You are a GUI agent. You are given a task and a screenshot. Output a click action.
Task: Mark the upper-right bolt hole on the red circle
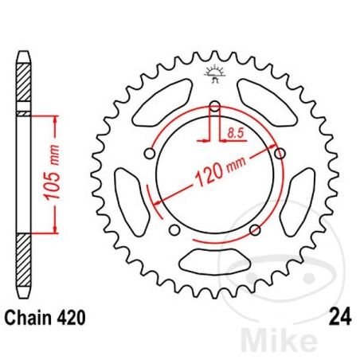[x=278, y=152]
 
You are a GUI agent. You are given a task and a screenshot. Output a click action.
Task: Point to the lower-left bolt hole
[x=174, y=230]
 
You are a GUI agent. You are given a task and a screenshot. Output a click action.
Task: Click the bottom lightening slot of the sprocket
[x=214, y=260]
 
